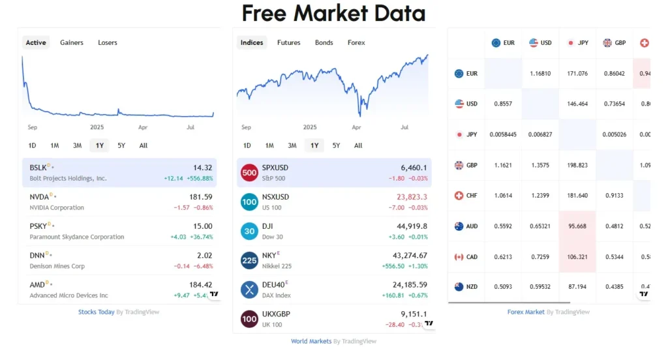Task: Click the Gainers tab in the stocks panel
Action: [x=72, y=42]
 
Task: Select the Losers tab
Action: [x=108, y=42]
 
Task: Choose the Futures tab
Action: [x=288, y=42]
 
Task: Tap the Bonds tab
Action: [x=324, y=42]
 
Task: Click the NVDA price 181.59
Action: [x=200, y=197]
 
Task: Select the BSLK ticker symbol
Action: [x=38, y=168]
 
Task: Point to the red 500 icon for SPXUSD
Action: [x=249, y=173]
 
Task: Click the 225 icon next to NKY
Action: [x=249, y=260]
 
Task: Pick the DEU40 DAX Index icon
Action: [x=249, y=290]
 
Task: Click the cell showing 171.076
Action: [x=577, y=74]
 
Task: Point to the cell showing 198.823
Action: [x=577, y=166]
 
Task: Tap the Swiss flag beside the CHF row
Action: [x=459, y=196]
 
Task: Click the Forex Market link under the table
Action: [x=526, y=312]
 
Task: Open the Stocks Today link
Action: [x=97, y=312]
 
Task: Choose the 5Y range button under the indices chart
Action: [x=336, y=145]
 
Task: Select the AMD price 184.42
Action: [x=200, y=285]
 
